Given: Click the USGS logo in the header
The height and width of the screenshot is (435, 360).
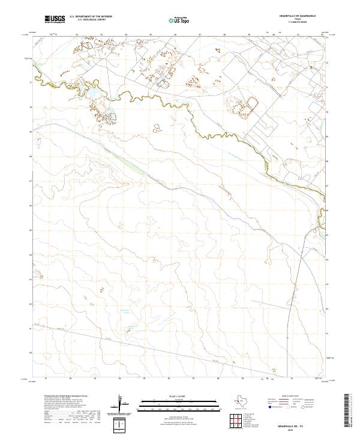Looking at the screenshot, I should click(x=55, y=20).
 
